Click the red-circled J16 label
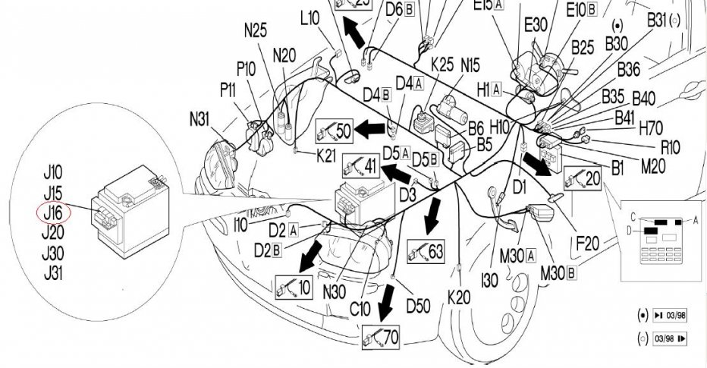(53, 213)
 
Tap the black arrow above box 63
(433, 215)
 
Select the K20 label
(459, 297)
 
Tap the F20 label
(587, 243)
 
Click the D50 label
(419, 307)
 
